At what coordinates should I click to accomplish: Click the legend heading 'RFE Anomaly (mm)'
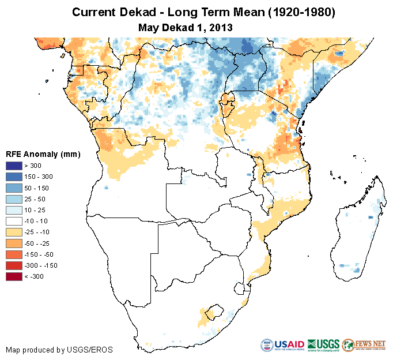(x=43, y=154)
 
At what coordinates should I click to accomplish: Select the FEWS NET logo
(x=364, y=344)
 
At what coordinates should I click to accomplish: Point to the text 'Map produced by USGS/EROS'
(x=59, y=350)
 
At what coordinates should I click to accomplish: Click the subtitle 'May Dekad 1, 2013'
(x=185, y=27)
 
